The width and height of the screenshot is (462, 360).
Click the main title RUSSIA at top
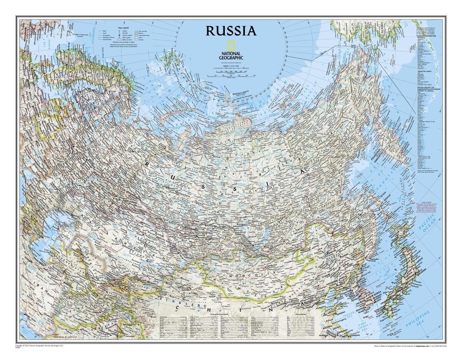coord(231,31)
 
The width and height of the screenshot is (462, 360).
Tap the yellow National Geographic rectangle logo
coord(231,46)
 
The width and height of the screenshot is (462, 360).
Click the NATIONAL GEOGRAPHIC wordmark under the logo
coord(231,55)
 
